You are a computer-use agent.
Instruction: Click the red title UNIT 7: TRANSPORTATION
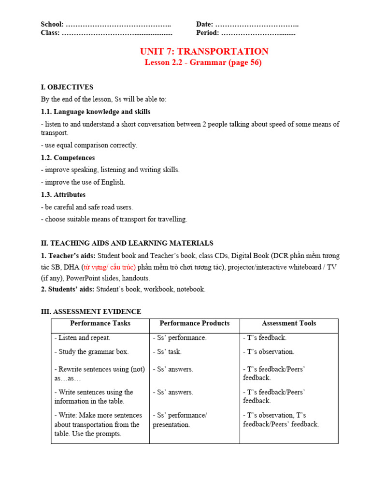204,51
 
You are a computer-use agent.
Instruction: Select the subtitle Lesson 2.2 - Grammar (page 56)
203,63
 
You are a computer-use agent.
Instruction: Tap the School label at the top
52,24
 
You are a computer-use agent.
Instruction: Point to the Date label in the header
204,24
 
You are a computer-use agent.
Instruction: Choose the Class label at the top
50,33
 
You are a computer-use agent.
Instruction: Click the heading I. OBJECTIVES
67,87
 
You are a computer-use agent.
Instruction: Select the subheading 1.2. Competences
68,158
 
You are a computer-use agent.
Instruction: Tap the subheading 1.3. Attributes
63,194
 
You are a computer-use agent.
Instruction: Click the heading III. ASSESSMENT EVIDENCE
91,311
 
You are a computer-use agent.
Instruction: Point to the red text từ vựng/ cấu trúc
109,267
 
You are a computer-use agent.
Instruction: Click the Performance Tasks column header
100,323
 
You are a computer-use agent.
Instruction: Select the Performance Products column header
194,323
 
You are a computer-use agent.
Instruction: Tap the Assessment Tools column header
288,323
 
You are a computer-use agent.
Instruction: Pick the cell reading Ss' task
167,352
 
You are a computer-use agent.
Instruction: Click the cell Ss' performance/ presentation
180,420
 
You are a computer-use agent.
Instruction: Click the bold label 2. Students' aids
68,289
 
